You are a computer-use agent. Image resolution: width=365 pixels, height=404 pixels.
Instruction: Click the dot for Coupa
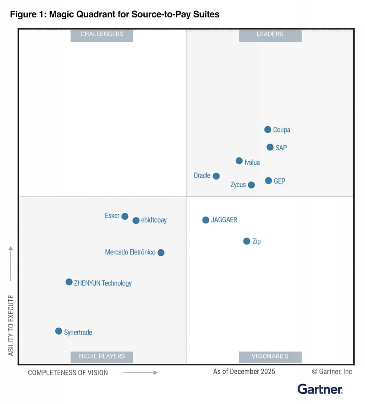click(x=268, y=129)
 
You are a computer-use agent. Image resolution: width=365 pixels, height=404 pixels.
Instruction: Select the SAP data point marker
click(x=270, y=147)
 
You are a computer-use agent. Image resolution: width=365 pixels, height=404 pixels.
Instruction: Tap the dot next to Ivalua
click(x=239, y=161)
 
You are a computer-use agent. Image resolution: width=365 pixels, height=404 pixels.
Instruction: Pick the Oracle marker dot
click(x=216, y=176)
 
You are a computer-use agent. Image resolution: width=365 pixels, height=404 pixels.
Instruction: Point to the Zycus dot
click(x=251, y=185)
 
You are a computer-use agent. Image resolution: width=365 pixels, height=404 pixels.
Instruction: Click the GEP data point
click(x=268, y=181)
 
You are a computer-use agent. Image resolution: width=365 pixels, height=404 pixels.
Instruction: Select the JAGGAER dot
click(x=206, y=220)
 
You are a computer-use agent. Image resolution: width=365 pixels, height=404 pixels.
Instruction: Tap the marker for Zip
click(x=247, y=241)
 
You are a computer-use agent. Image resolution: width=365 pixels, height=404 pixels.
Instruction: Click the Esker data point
click(x=125, y=216)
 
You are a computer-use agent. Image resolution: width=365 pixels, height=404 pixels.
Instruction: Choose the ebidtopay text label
click(x=154, y=220)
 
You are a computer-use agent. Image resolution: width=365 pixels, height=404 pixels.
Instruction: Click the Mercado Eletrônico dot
click(x=161, y=252)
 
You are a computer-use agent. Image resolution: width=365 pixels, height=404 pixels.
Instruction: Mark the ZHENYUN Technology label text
click(x=103, y=283)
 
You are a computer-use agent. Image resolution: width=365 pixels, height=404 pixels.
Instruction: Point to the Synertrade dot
click(x=59, y=331)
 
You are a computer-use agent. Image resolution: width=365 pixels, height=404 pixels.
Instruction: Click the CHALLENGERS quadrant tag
click(x=102, y=35)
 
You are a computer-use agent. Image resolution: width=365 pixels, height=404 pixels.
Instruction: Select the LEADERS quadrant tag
click(x=270, y=35)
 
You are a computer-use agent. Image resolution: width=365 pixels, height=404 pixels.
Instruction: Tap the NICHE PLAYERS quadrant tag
click(x=102, y=356)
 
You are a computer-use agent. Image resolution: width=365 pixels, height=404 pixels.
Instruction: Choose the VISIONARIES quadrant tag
click(x=270, y=356)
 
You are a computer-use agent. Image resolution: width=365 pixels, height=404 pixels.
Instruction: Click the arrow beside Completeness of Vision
click(x=140, y=372)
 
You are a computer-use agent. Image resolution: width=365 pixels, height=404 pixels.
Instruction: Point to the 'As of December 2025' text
click(x=244, y=372)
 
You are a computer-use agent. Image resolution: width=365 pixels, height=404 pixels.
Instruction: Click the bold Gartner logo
click(x=320, y=389)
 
